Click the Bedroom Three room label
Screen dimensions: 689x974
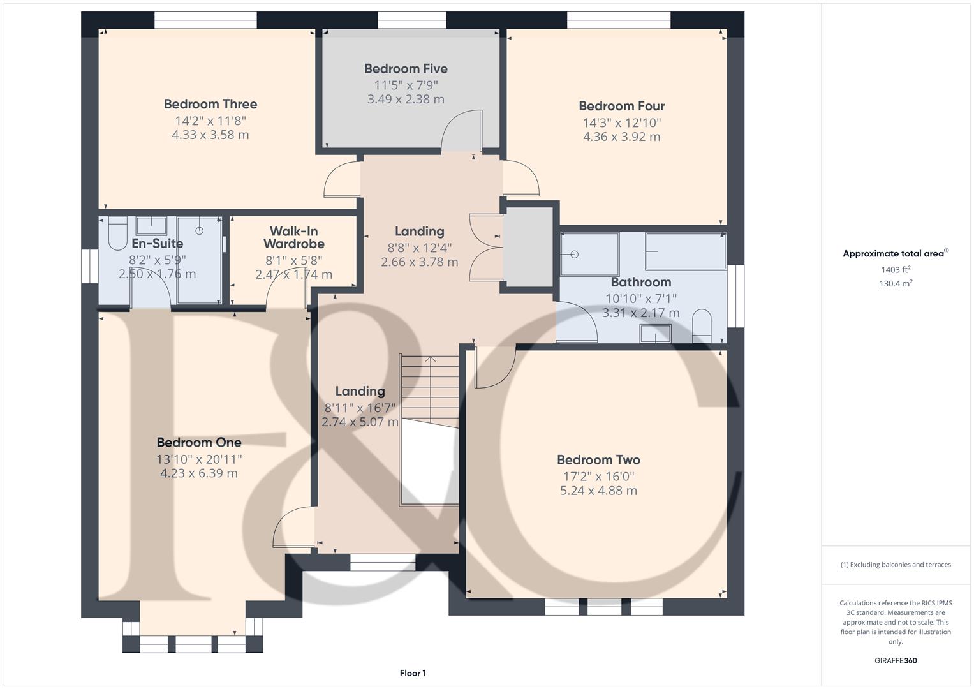click(210, 104)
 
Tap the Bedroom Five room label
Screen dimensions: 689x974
click(406, 68)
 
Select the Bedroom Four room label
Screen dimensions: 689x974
click(621, 106)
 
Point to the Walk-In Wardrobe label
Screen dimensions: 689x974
click(293, 237)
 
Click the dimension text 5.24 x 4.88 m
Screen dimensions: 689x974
click(598, 491)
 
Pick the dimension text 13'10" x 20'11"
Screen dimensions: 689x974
click(199, 459)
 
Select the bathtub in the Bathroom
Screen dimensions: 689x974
click(685, 251)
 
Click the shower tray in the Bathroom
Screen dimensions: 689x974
click(589, 254)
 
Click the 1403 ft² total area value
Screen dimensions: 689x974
click(896, 270)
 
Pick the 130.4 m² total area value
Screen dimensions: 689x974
click(896, 284)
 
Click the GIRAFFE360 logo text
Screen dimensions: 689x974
click(896, 660)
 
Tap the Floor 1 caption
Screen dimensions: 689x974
click(413, 673)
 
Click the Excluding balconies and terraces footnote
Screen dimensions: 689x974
click(896, 565)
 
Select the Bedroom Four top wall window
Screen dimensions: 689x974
click(619, 20)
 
